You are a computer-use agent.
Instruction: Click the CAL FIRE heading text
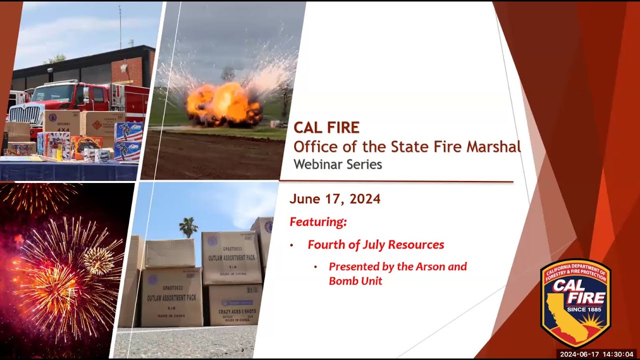(326, 128)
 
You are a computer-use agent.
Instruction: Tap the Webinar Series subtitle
(337, 164)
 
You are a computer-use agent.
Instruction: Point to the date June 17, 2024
(334, 199)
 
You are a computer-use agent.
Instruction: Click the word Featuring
(318, 221)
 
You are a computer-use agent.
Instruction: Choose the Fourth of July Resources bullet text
(375, 245)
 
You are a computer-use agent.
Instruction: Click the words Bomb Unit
(355, 281)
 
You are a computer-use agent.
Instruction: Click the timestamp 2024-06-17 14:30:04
(596, 354)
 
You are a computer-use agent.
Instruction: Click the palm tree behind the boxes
(188, 226)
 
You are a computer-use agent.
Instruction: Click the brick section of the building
(127, 69)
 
